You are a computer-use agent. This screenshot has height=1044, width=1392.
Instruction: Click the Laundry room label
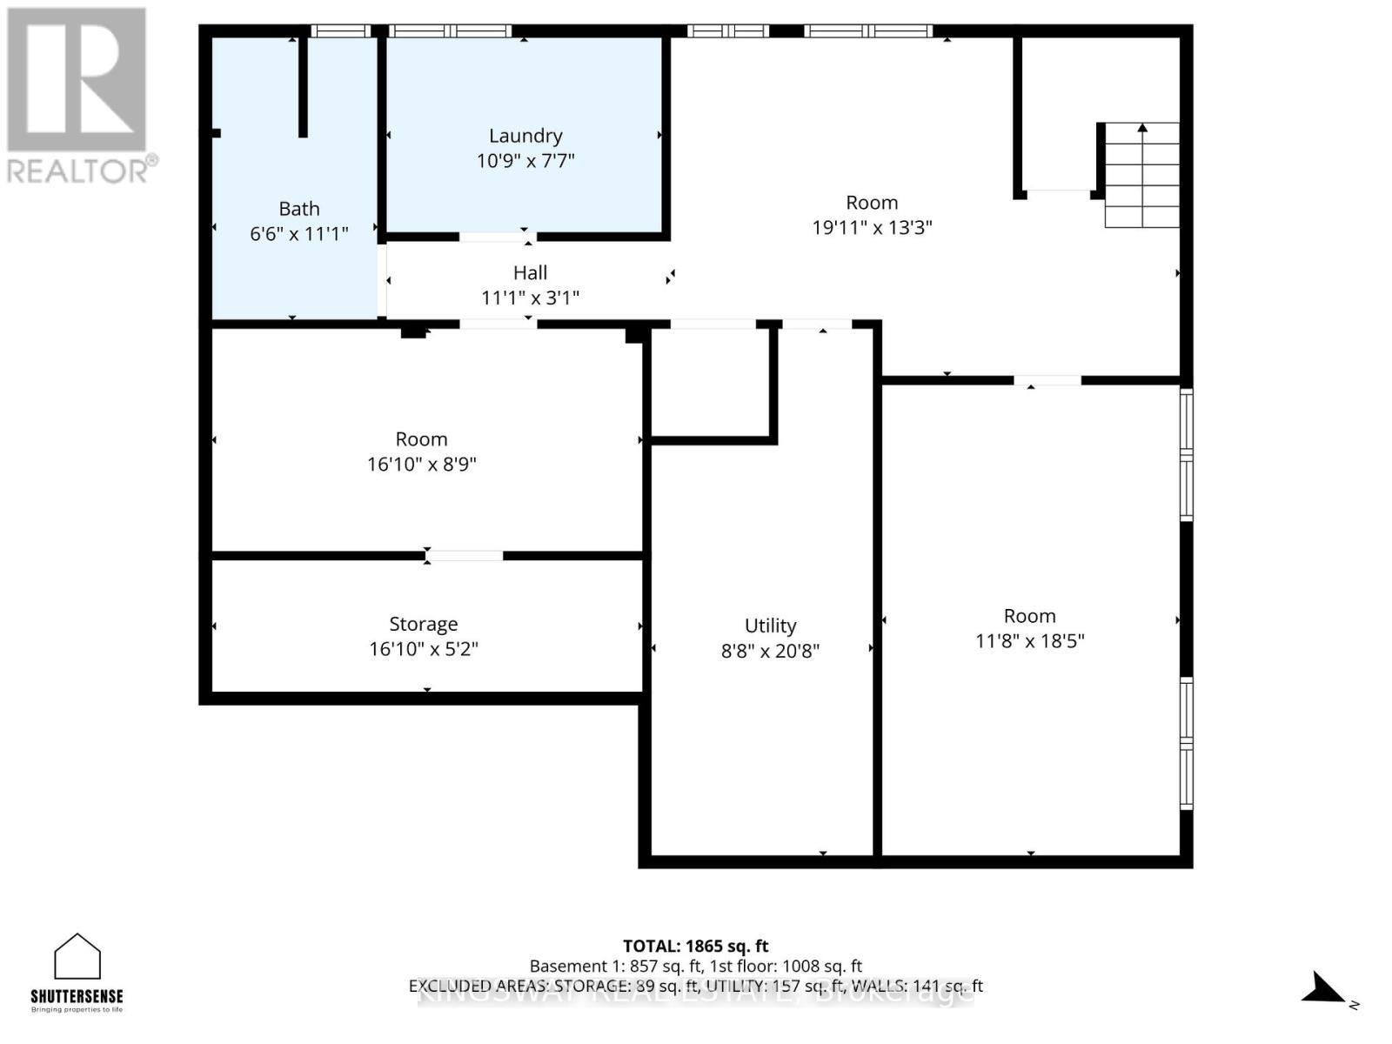(x=525, y=136)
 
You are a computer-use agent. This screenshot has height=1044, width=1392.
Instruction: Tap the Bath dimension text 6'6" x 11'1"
(x=298, y=234)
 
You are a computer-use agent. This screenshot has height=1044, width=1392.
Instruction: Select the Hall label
(x=530, y=273)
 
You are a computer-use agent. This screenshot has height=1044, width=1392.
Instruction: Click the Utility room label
(x=770, y=626)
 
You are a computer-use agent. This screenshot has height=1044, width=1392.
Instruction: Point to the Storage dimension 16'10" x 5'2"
(x=424, y=649)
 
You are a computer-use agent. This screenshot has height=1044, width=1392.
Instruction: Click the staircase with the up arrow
(x=1141, y=175)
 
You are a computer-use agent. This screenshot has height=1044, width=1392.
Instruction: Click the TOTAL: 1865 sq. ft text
(x=695, y=946)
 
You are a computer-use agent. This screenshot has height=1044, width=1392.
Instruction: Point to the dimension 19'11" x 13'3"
(x=872, y=228)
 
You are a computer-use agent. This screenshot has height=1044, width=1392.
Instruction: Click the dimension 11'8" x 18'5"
(x=1029, y=641)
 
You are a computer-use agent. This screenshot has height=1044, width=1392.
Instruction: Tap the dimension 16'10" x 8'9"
(x=421, y=465)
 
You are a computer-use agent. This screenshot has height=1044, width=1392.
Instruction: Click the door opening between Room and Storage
(x=465, y=556)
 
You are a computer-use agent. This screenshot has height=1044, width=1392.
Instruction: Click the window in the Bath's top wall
(x=341, y=31)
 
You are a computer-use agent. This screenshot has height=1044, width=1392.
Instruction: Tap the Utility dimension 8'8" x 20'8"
(x=770, y=651)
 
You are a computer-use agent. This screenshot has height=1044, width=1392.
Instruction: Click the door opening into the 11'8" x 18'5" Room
(x=1047, y=380)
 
